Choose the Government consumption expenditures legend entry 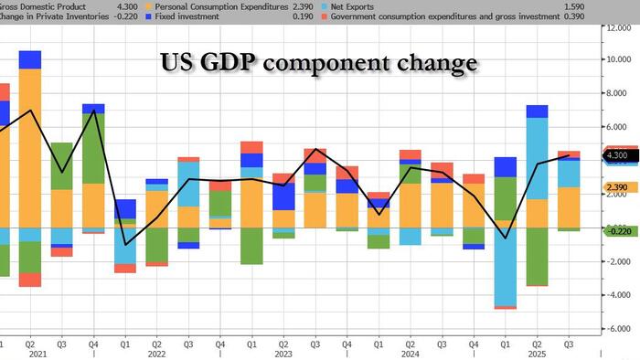pyautogui.click(x=439, y=16)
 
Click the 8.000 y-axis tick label pyautogui.click(x=618, y=93)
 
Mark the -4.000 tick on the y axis pyautogui.click(x=618, y=294)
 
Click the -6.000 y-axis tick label pyautogui.click(x=618, y=328)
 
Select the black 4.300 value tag pyautogui.click(x=616, y=156)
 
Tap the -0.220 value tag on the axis pyautogui.click(x=616, y=230)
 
